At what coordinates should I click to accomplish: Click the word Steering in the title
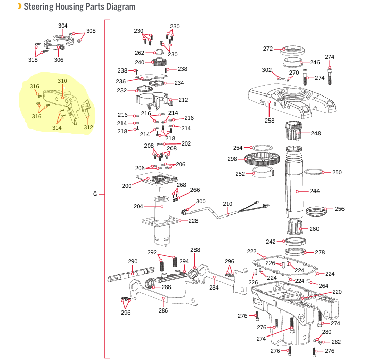[x=38, y=6]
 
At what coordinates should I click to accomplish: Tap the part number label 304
[x=63, y=26]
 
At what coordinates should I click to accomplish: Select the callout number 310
[x=62, y=81]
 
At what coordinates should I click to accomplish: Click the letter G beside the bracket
[x=95, y=194]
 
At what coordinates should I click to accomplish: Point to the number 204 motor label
[x=138, y=206]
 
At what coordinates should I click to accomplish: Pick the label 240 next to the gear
[x=139, y=62]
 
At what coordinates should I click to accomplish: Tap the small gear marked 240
[x=159, y=62]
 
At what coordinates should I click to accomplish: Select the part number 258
[x=270, y=121]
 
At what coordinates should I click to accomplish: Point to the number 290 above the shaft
[x=133, y=261]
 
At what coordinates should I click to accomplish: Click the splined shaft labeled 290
[x=131, y=274]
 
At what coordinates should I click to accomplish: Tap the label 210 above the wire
[x=228, y=204]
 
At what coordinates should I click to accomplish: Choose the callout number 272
[x=268, y=49]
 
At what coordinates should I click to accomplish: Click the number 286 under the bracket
[x=163, y=310]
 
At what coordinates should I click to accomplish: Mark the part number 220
[x=337, y=292]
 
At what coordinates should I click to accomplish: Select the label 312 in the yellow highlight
[x=88, y=127]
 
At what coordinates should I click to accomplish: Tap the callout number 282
[x=336, y=342]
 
